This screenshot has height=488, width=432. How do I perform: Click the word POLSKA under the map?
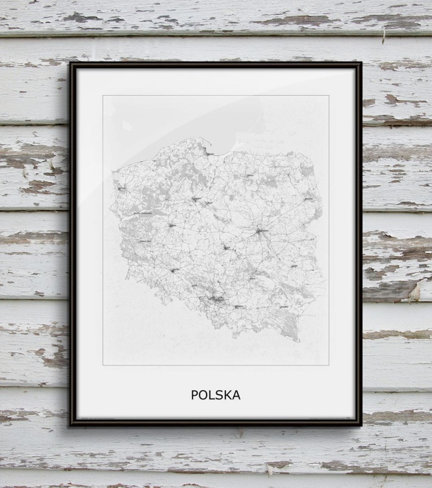coord(215,395)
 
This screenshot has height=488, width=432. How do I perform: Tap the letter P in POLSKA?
coord(194,395)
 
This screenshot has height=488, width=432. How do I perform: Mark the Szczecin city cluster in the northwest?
coord(120,187)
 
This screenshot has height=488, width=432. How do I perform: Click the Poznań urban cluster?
coord(171,225)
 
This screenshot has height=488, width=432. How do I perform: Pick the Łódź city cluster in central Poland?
coord(226,248)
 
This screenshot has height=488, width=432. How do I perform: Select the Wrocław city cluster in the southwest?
coord(175,270)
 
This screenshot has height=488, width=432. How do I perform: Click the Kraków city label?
coord(239,306)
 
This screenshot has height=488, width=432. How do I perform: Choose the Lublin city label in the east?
coord(294,266)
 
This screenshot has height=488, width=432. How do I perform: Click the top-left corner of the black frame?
coord(71,63)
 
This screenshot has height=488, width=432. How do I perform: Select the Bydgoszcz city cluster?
coord(196,199)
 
